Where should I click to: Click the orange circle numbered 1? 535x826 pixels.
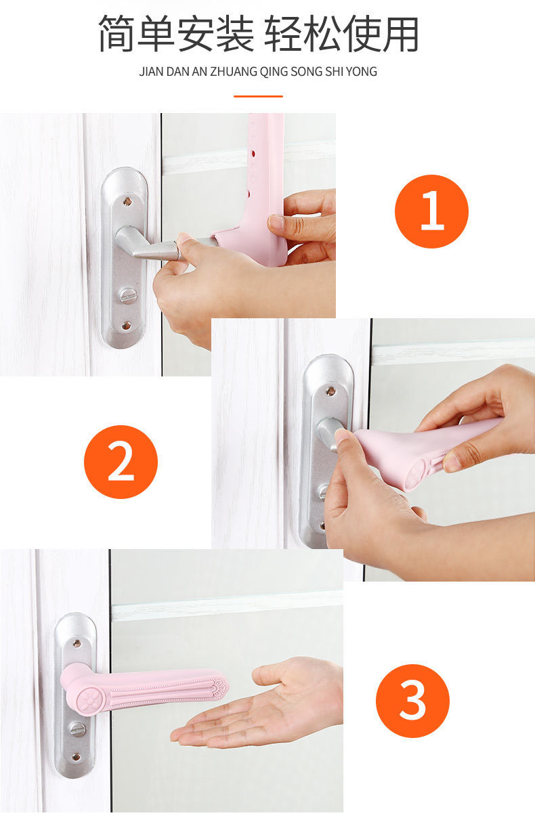point(431,211)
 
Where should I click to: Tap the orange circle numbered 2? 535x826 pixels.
point(121,462)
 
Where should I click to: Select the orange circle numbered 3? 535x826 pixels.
point(412,701)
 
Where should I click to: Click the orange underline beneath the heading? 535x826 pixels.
point(258,96)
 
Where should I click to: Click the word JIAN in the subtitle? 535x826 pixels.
point(151,72)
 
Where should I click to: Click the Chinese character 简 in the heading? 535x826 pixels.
point(117,33)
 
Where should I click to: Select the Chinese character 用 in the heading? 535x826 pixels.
point(401,33)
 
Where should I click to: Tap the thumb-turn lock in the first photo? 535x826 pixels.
point(127,295)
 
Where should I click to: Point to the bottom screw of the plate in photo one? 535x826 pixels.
point(126,326)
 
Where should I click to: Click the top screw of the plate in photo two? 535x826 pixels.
point(331,391)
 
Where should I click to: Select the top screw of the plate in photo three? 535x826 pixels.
point(77,644)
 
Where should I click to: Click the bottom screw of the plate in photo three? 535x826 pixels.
point(76,754)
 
